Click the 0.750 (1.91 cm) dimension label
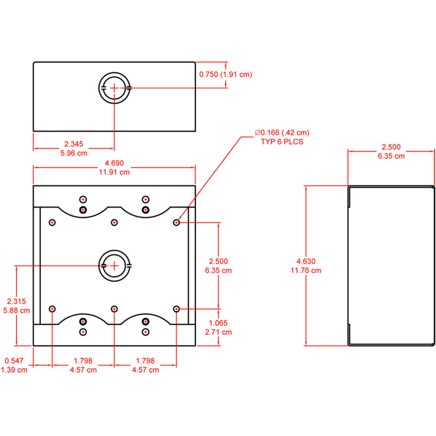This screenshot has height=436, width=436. click(225, 75)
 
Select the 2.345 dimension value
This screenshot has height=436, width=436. click(74, 144)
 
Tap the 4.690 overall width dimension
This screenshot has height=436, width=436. click(114, 163)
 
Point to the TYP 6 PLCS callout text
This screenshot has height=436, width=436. click(282, 142)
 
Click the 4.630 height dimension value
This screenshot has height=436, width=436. click(306, 261)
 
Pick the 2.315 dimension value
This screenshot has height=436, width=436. click(17, 301)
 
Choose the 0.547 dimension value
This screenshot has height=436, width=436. click(14, 361)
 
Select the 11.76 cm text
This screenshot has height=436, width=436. click(306, 270)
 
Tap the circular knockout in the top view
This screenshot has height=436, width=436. click(114, 88)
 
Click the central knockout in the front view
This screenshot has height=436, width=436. click(114, 266)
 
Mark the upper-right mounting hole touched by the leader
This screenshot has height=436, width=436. click(177, 223)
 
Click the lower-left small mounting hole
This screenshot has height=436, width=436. click(52, 309)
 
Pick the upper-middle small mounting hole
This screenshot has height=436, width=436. click(114, 223)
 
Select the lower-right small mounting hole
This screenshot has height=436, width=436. click(177, 309)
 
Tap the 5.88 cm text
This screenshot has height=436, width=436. click(17, 311)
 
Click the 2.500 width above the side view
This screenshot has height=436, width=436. click(391, 147)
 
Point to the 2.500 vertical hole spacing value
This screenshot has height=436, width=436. click(218, 261)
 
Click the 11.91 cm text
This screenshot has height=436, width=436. click(114, 172)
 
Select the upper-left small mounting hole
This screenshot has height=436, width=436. click(52, 223)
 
